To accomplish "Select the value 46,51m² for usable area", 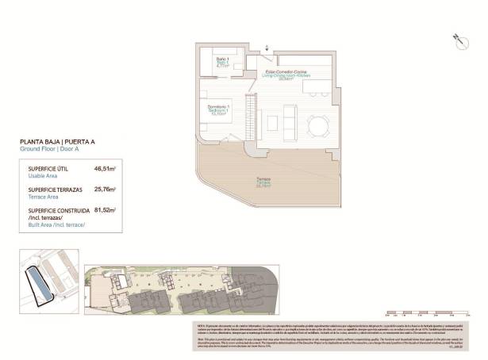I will pos(105,169).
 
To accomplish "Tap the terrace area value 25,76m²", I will pos(105,190).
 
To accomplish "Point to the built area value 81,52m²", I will pos(105,211).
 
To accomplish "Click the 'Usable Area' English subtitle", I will pos(44,176).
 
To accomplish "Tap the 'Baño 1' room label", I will pos(223,60).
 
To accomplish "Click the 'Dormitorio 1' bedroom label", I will pos(219,107).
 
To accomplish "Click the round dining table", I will pos(319,124).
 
